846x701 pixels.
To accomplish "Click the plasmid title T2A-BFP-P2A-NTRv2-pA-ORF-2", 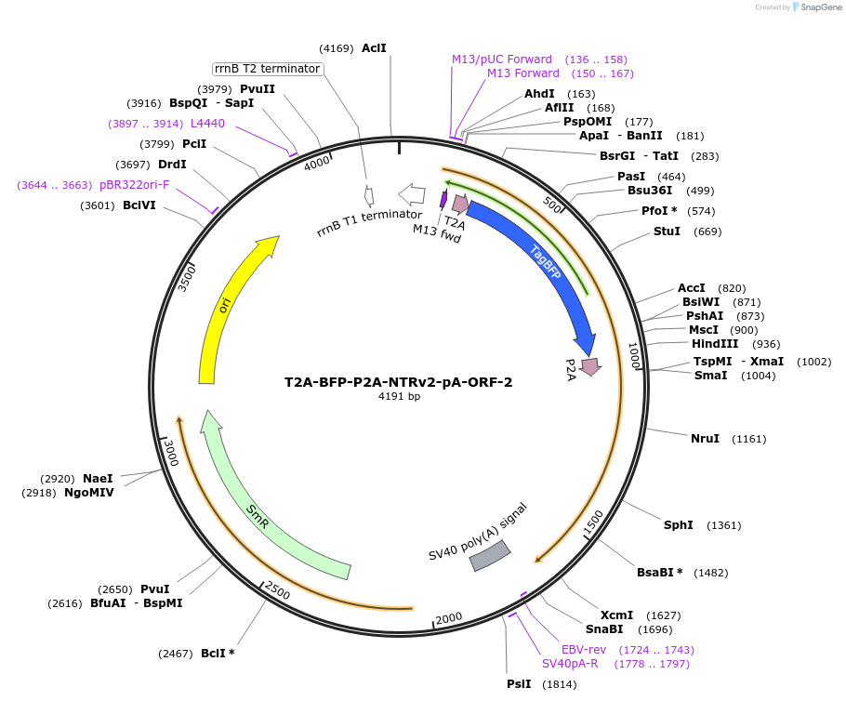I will [x=398, y=382].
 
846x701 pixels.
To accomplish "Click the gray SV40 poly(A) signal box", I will [x=490, y=555].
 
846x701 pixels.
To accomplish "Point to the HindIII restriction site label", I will [x=715, y=344].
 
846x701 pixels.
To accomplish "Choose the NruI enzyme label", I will [x=705, y=438].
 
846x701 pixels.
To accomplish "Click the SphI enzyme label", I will [x=678, y=525].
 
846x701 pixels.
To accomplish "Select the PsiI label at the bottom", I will [x=519, y=684].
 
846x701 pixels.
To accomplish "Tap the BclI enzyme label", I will [x=218, y=654].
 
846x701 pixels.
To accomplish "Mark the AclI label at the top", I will [x=374, y=47].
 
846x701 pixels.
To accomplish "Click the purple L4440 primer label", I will [x=207, y=123].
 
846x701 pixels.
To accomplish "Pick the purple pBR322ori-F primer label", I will [x=135, y=185].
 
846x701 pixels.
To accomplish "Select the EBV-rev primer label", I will [x=584, y=649].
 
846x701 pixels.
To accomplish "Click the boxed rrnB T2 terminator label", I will [x=268, y=69].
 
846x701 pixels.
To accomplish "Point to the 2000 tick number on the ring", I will [x=449, y=618].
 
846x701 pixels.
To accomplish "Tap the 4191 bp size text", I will [x=399, y=396].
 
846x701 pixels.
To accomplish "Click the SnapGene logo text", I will [x=817, y=7].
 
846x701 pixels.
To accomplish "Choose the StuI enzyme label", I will [x=667, y=231].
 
